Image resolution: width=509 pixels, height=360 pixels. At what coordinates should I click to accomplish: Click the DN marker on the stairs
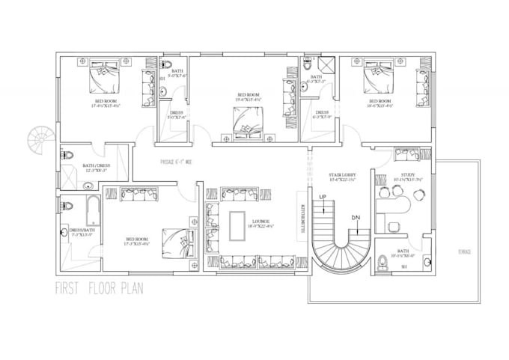354,217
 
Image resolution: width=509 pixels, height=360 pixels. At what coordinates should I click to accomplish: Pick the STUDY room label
408,177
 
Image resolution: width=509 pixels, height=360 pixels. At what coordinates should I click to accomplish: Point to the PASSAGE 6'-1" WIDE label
177,162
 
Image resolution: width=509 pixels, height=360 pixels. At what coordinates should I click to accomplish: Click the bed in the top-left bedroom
104,76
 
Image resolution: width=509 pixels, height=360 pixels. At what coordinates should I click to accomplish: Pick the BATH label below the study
403,252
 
